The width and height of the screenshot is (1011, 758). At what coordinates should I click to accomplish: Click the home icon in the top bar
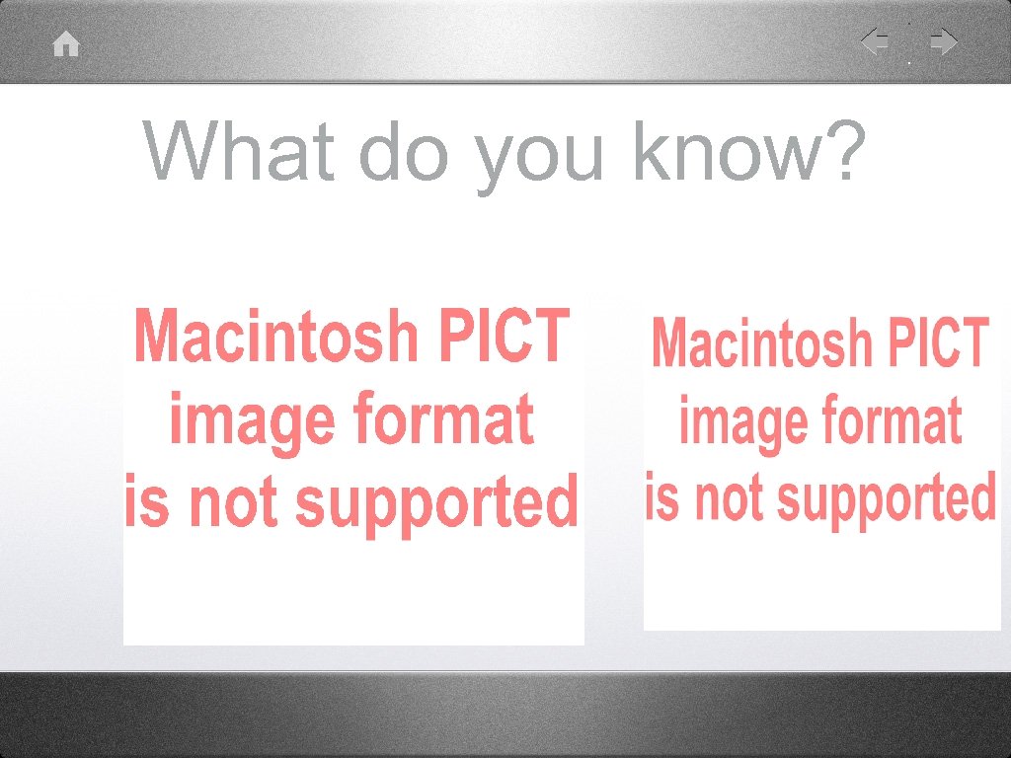(x=66, y=44)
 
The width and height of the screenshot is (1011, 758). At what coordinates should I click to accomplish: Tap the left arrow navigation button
(x=874, y=42)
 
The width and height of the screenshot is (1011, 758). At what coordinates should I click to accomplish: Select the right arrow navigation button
(x=944, y=42)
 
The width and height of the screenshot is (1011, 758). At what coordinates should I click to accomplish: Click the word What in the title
(x=242, y=152)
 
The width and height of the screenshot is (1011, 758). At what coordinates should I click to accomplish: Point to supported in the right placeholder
(x=887, y=499)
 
